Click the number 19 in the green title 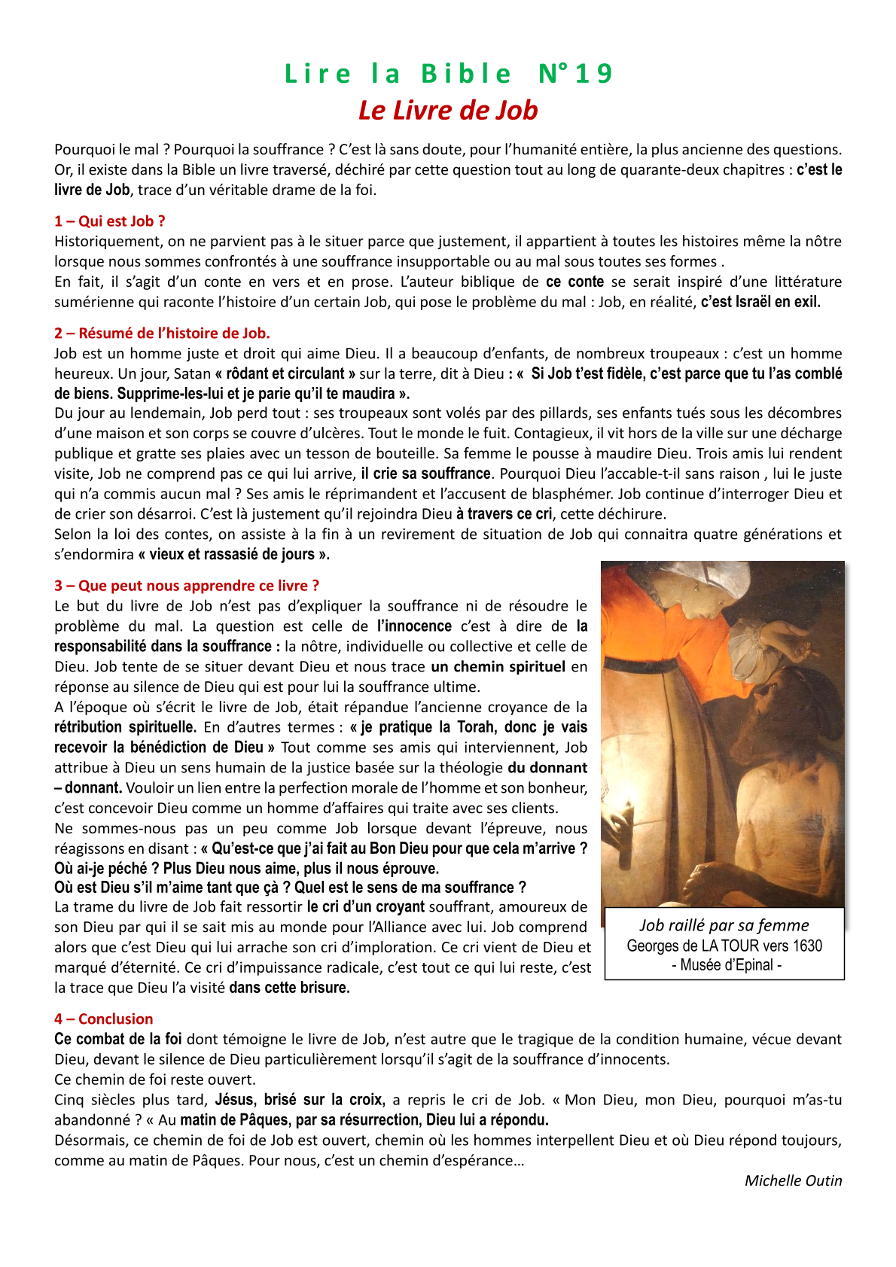coord(594,74)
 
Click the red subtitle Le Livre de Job coord(448,110)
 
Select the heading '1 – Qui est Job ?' coord(110,221)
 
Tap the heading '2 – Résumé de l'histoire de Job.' coord(162,333)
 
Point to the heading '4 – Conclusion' coord(104,1019)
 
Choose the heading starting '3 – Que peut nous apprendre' coord(187,586)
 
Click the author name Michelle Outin coord(793,1180)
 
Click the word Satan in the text coord(192,373)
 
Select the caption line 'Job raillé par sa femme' coord(724,925)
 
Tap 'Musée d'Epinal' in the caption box coord(727,965)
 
